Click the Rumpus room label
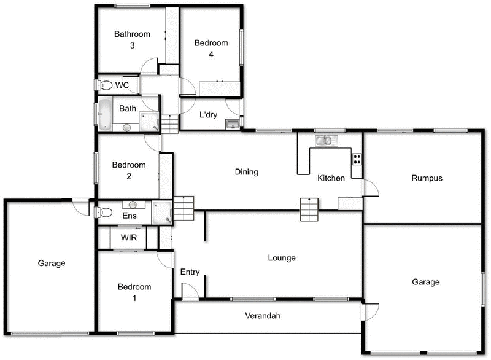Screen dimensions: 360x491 427,178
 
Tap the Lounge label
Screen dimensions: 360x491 282,258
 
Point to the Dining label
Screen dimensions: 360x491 246,172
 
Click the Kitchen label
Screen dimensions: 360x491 331,179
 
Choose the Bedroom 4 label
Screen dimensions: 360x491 211,49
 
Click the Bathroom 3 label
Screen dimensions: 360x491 132,40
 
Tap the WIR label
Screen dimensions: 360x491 128,237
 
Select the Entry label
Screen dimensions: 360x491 190,272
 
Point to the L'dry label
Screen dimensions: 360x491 209,114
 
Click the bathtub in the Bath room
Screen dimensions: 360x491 106,114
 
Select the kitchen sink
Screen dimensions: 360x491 326,141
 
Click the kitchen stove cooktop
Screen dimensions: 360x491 356,158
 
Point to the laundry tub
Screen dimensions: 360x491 233,125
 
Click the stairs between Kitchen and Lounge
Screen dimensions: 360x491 309,209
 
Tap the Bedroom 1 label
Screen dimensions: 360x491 134,292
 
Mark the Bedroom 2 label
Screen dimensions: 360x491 130,171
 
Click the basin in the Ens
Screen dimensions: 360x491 133,205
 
